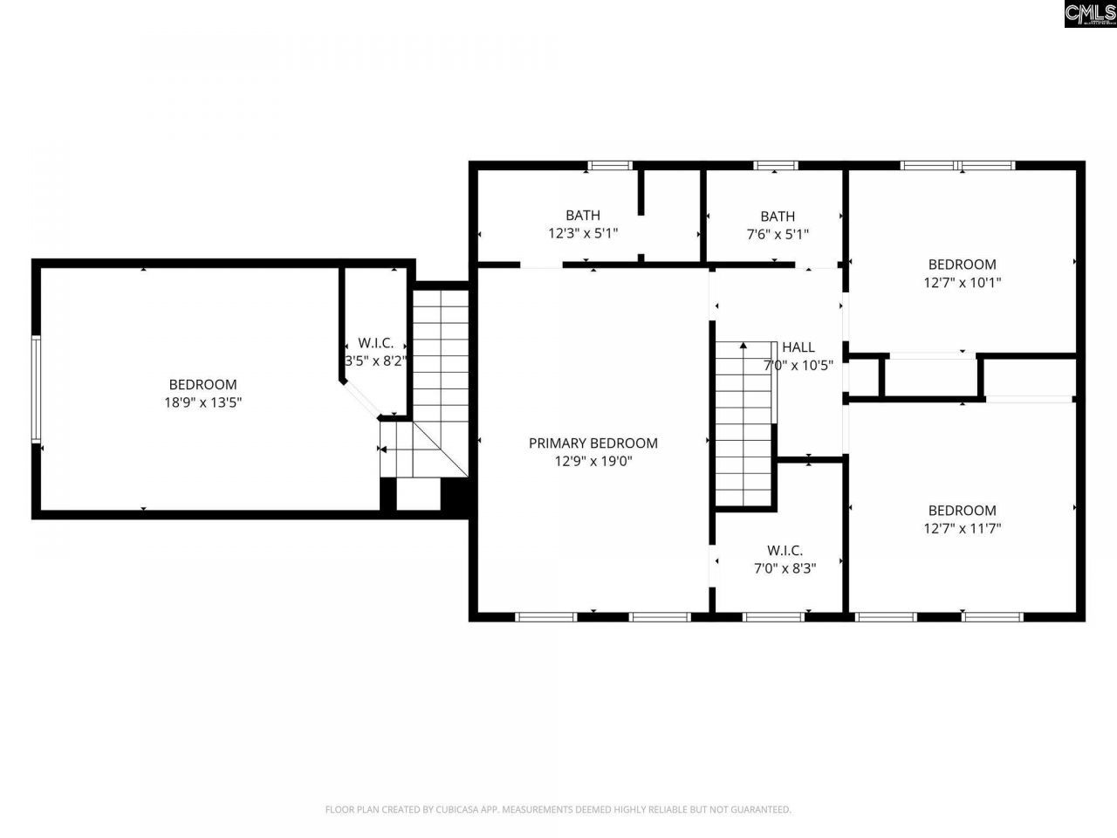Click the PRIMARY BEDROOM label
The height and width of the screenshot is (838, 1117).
593,443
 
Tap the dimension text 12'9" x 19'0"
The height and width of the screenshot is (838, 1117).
593,461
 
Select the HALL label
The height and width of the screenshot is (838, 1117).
798,347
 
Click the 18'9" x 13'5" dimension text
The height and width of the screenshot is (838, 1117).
202,402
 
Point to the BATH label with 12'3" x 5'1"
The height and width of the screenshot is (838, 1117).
582,215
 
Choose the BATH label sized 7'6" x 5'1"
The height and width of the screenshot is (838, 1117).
777,216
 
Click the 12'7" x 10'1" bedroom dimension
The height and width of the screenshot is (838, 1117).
962,283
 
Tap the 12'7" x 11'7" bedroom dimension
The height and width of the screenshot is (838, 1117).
962,528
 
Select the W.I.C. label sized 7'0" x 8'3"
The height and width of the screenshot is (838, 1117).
785,550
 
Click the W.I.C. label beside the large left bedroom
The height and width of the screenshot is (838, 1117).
375,343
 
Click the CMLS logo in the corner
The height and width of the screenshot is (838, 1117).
1090,14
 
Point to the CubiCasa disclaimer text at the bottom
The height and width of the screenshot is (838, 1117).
558,809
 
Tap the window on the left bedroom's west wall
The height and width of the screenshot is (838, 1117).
36,388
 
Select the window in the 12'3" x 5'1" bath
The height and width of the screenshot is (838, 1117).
609,165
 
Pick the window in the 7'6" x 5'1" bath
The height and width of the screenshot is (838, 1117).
775,165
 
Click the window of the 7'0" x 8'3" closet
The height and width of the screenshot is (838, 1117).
772,617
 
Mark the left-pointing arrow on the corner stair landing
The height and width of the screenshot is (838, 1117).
382,450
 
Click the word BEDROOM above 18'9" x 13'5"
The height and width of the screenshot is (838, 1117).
202,384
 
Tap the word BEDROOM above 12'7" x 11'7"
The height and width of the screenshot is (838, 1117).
962,510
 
